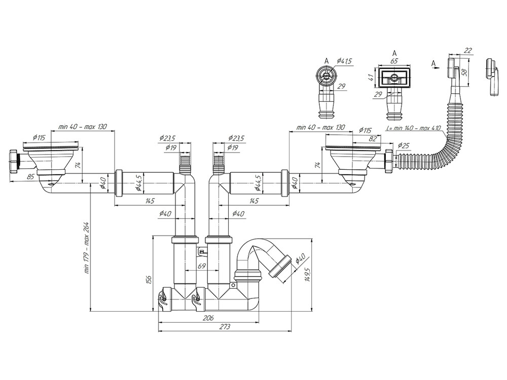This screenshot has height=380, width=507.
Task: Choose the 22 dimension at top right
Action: [467, 50]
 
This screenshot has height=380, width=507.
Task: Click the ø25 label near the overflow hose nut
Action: [404, 146]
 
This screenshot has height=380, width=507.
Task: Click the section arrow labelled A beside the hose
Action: [433, 63]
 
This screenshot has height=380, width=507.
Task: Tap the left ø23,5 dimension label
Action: [168, 138]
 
